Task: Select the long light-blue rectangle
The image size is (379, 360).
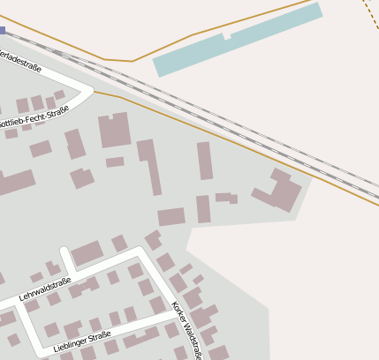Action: [x=237, y=40]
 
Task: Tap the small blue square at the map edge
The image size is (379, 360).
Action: [x=3, y=30]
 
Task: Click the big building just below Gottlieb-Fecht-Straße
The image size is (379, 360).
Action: [x=114, y=131]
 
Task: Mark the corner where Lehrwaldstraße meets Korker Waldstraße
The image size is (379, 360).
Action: [x=139, y=251]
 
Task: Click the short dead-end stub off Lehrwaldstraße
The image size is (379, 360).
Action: [x=65, y=259]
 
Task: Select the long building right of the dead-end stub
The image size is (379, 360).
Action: [x=87, y=254]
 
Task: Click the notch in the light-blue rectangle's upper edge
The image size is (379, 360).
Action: [x=227, y=38]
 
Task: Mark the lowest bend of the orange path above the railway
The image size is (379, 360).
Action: [x=133, y=61]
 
